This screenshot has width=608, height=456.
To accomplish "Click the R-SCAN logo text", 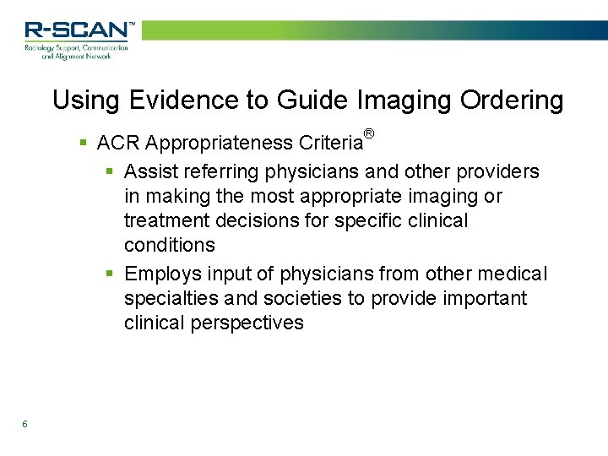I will (x=79, y=30).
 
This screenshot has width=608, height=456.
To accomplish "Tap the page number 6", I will (x=25, y=424).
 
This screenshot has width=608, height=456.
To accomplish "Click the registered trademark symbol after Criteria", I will (x=368, y=133).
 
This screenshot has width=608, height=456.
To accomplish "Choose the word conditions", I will (x=170, y=246).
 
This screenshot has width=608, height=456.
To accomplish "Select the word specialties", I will (x=171, y=299).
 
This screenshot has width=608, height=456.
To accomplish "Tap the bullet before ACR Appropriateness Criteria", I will (x=83, y=142).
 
